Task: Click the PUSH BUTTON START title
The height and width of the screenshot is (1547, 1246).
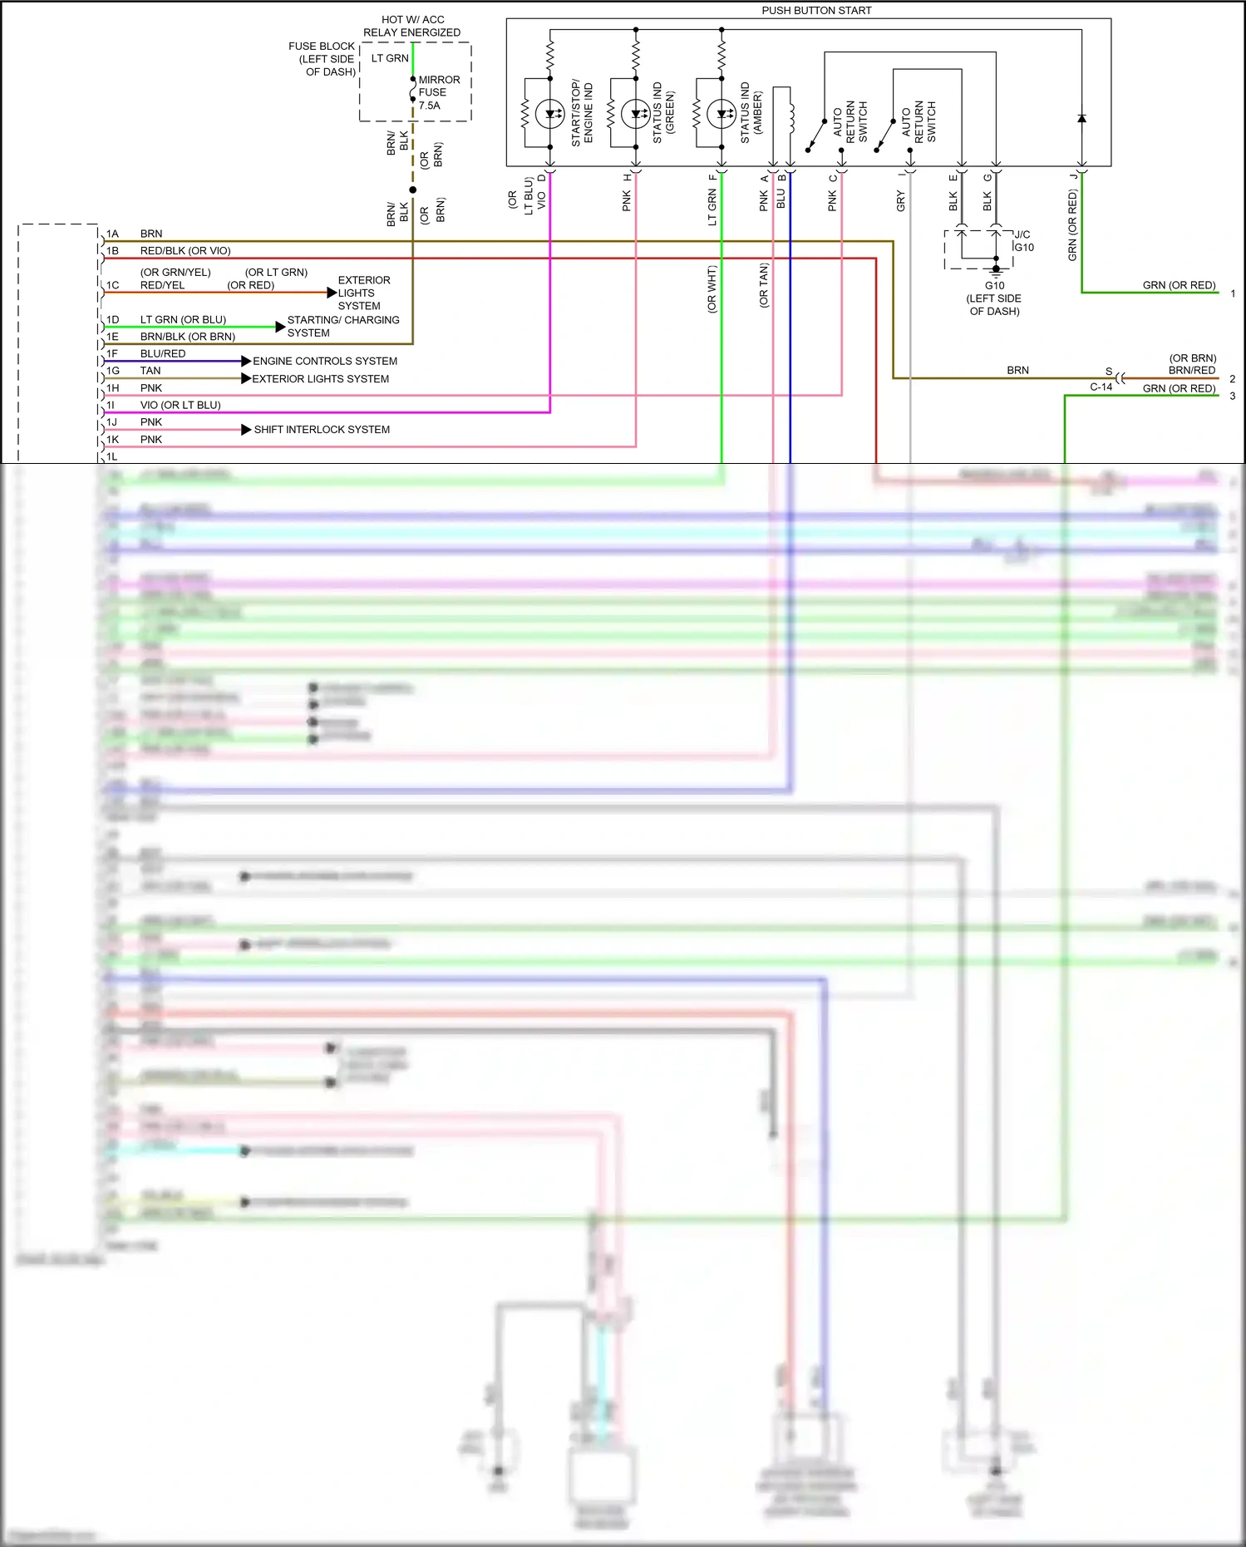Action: [x=815, y=11]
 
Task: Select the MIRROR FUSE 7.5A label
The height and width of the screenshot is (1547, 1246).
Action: [x=438, y=92]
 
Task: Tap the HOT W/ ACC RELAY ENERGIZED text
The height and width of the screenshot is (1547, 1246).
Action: [x=411, y=26]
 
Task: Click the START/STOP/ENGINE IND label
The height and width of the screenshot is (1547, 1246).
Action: [x=582, y=113]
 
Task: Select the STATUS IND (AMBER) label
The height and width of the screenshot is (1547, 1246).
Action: [x=751, y=113]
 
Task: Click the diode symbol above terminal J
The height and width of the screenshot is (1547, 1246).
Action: [x=1081, y=119]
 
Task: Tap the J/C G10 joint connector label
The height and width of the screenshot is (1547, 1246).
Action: [x=1023, y=241]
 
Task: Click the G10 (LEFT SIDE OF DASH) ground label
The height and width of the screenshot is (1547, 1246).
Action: [x=994, y=298]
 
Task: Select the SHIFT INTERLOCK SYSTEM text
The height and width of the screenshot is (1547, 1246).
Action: [x=322, y=430]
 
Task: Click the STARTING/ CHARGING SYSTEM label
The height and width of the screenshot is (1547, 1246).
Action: [x=342, y=326]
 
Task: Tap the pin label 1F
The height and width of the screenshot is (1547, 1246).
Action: [x=112, y=354]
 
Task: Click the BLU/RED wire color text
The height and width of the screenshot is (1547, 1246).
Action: [x=163, y=354]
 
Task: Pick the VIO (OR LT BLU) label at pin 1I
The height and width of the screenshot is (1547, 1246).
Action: [x=180, y=406]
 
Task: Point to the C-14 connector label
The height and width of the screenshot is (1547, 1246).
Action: [x=1101, y=387]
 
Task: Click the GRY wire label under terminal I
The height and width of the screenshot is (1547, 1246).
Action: [x=900, y=200]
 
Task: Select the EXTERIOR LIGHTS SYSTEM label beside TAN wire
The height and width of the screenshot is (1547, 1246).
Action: [x=320, y=378]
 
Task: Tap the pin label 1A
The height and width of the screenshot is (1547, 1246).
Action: [x=112, y=234]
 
